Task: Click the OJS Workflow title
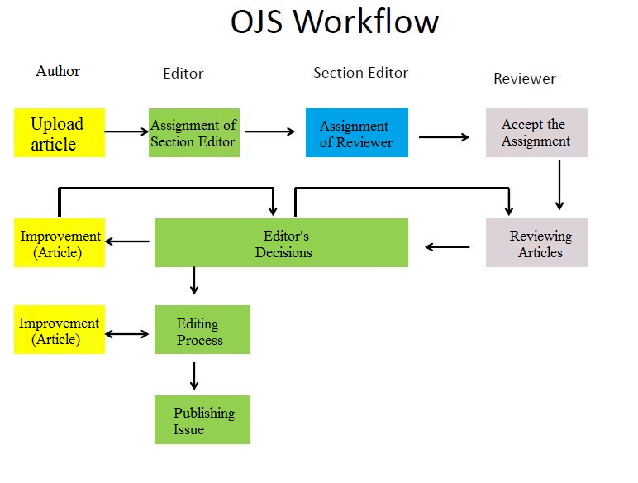(x=335, y=22)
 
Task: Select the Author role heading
(x=58, y=71)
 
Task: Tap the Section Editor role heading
(x=360, y=73)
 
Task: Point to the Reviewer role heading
(x=525, y=79)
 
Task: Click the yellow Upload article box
(x=60, y=132)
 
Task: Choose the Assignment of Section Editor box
(x=194, y=132)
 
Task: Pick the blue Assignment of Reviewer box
(x=357, y=132)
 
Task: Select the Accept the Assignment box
(x=536, y=132)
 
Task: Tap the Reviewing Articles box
(x=536, y=242)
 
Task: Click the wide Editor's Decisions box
(x=281, y=242)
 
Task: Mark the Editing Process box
(x=202, y=329)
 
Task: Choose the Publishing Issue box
(x=202, y=419)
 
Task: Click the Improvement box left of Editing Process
(x=60, y=329)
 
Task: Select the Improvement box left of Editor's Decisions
(x=60, y=242)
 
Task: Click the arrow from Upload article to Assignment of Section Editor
(x=127, y=132)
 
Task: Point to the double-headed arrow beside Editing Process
(x=127, y=334)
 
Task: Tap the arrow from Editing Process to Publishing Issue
(x=194, y=375)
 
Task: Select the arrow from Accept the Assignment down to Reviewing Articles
(x=559, y=185)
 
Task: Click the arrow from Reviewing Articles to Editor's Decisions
(x=447, y=246)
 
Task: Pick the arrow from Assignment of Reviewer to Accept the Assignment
(x=444, y=136)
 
